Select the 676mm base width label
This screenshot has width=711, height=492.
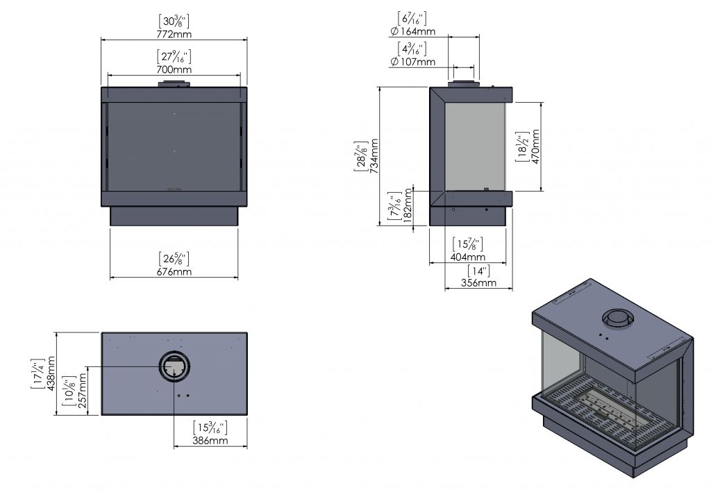[174, 271]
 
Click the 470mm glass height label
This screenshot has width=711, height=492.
[535, 146]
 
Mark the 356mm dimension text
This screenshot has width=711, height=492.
[478, 282]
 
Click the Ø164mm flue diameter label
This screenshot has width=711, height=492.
[413, 31]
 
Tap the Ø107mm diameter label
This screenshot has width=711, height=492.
[413, 62]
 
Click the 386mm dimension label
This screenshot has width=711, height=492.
[210, 441]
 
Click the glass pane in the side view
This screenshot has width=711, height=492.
[474, 146]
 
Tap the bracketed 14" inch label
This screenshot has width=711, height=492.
[478, 270]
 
